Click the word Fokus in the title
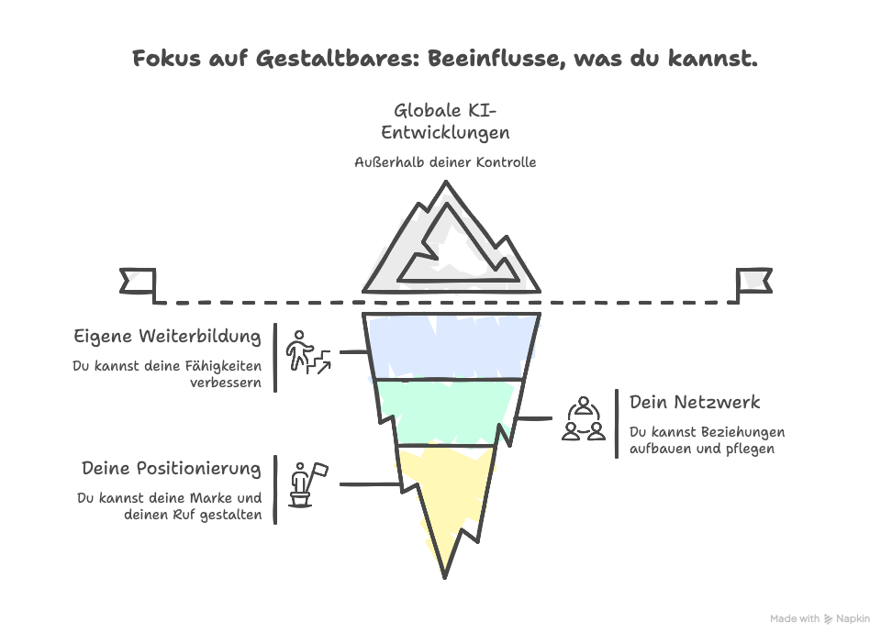pyautogui.click(x=166, y=58)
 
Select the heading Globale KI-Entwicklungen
pyautogui.click(x=445, y=121)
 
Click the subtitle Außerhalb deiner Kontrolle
pyautogui.click(x=445, y=162)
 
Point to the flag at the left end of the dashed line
pyautogui.click(x=138, y=281)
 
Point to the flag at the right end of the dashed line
pyautogui.click(x=754, y=281)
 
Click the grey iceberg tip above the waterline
pyautogui.click(x=452, y=238)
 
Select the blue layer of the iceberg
pyautogui.click(x=452, y=345)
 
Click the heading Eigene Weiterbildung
pyautogui.click(x=167, y=337)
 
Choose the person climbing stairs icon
pyautogui.click(x=308, y=352)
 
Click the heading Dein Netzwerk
pyautogui.click(x=695, y=402)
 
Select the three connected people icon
pyautogui.click(x=584, y=418)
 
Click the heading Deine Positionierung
pyautogui.click(x=172, y=468)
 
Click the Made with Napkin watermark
pyautogui.click(x=820, y=618)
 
